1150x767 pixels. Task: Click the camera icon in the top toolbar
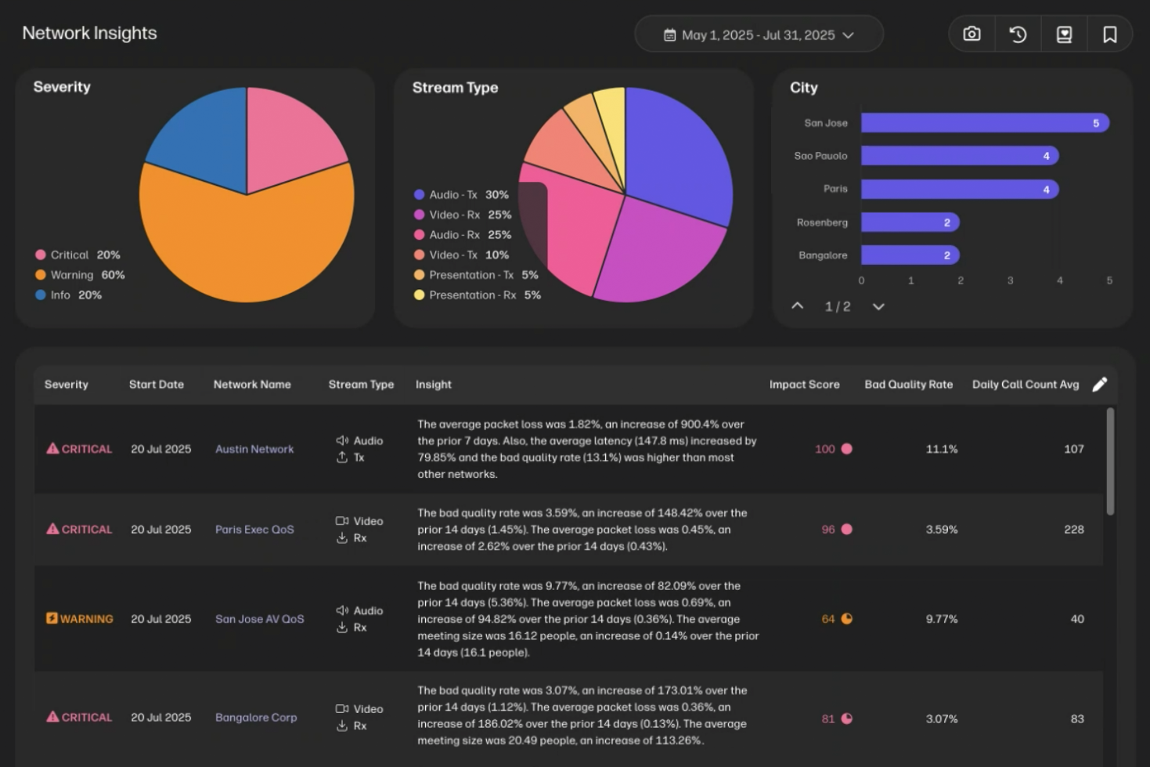click(972, 34)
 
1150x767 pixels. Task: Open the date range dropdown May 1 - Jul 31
click(758, 35)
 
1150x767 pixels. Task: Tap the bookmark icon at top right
click(1109, 34)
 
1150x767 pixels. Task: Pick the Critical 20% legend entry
click(78, 255)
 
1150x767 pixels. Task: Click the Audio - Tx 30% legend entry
click(461, 194)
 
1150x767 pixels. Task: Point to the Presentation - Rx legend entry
click(477, 295)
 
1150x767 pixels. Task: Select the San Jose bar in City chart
click(984, 123)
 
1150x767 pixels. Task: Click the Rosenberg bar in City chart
click(910, 223)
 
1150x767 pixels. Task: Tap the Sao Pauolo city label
click(820, 156)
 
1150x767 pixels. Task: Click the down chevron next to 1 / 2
click(878, 306)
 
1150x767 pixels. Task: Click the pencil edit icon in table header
click(1099, 384)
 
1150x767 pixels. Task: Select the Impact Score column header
click(804, 385)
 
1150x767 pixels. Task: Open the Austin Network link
click(254, 449)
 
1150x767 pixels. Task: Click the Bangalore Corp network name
click(256, 717)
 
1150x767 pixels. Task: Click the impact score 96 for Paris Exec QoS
click(828, 530)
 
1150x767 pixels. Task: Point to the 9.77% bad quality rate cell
click(941, 619)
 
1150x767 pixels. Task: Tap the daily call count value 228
click(1073, 530)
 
